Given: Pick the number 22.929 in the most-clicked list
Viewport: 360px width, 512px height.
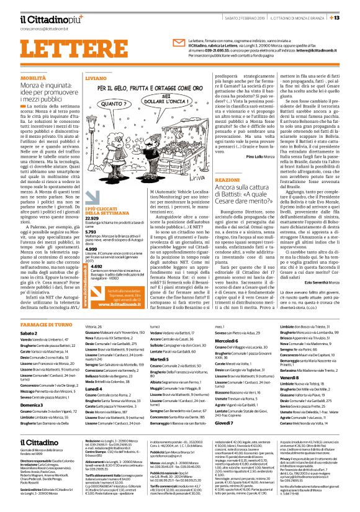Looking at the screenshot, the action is (91, 201).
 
